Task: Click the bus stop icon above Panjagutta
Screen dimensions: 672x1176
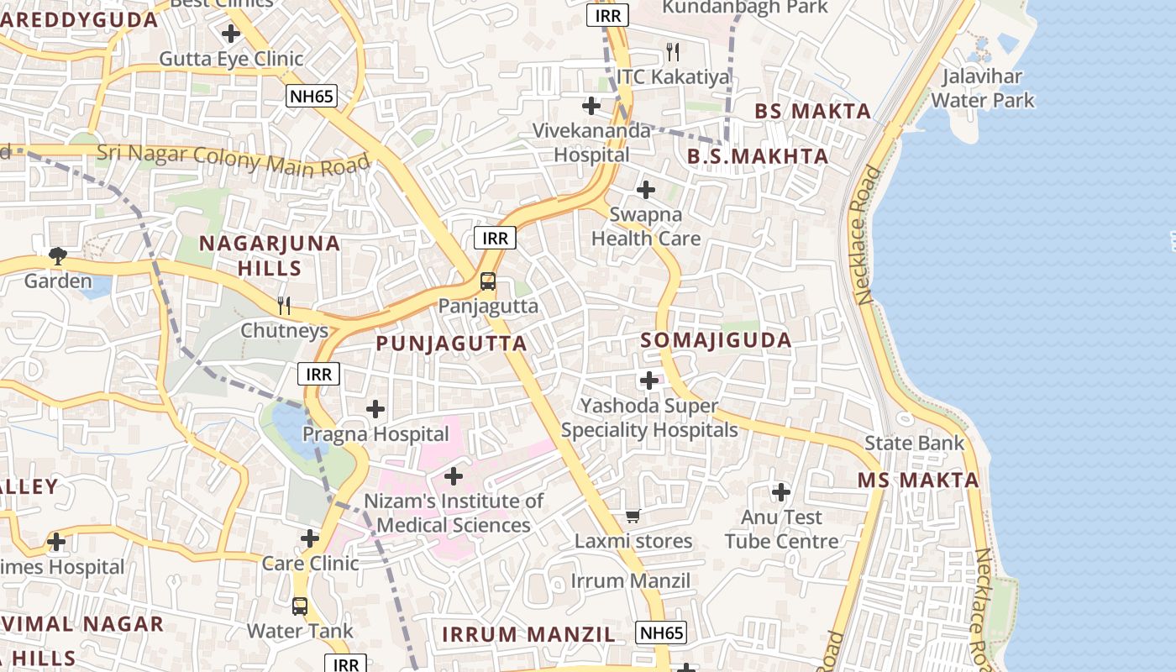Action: point(488,281)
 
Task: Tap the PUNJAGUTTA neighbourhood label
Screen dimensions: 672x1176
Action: point(451,344)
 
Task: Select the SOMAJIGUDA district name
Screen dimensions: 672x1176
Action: point(716,340)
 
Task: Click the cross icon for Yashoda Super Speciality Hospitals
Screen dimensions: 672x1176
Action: point(649,381)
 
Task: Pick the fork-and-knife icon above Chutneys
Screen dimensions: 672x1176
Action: point(284,305)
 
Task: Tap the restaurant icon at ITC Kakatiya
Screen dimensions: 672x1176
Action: point(672,52)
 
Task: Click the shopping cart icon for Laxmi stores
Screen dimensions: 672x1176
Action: point(633,516)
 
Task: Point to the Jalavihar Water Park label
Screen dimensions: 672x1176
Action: point(983,88)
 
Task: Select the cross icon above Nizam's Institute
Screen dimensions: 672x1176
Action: point(454,476)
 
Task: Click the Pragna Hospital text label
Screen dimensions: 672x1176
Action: point(375,434)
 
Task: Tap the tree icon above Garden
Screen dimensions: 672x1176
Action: point(57,255)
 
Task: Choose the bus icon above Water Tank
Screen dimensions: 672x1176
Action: point(300,606)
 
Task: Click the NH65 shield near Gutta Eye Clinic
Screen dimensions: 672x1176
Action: point(311,96)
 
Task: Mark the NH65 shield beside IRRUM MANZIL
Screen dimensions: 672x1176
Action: point(661,633)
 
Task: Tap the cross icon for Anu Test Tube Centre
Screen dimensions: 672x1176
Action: point(781,491)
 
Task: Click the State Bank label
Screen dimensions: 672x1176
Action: point(914,443)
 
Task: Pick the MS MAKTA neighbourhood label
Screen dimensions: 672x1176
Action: point(918,480)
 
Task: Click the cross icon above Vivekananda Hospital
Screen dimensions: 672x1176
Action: point(591,106)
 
